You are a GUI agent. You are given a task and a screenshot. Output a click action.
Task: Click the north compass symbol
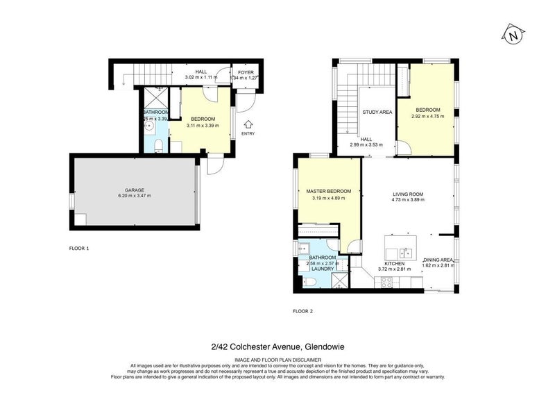pyautogui.click(x=512, y=35)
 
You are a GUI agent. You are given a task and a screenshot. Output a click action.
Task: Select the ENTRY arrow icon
pyautogui.click(x=248, y=124)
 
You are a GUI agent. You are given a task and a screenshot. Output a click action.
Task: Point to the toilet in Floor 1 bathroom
pyautogui.click(x=158, y=144)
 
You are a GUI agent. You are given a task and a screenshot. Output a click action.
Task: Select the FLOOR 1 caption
pyautogui.click(x=79, y=248)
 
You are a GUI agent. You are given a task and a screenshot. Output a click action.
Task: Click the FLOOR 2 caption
pyautogui.click(x=302, y=311)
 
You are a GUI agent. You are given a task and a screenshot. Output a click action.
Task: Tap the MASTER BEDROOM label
pyautogui.click(x=328, y=191)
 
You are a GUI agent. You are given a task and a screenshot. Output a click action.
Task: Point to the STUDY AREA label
pyautogui.click(x=377, y=112)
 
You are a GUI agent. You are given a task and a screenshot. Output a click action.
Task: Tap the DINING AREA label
pyautogui.click(x=438, y=259)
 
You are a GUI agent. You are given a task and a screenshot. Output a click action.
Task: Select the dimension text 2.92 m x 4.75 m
pyautogui.click(x=428, y=117)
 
